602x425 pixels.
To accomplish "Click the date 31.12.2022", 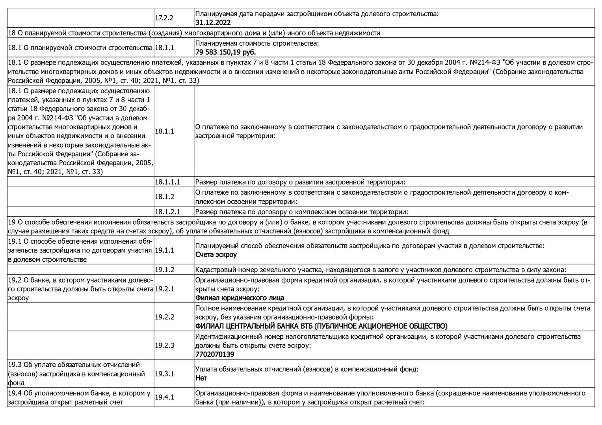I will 213,23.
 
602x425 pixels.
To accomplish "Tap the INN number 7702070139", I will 214,354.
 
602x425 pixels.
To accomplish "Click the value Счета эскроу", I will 216,255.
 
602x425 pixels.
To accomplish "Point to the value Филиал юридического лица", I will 240,298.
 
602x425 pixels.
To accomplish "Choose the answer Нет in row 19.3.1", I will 201,378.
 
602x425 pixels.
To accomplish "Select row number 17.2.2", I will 164,18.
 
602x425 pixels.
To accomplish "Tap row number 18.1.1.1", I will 167,182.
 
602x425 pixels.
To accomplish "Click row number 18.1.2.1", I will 167,212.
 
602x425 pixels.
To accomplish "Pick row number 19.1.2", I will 164,270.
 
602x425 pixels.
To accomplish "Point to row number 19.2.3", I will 164,345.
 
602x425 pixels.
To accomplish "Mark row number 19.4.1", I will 164,397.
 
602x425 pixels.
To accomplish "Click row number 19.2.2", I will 164,317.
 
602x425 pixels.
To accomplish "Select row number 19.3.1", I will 164,373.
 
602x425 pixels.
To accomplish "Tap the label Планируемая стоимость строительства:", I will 257,43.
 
